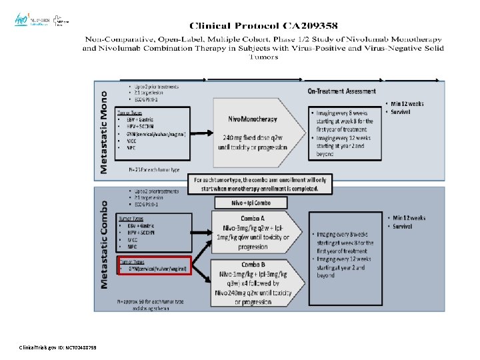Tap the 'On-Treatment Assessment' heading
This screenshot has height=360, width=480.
coord(341,91)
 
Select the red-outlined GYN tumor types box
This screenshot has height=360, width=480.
coord(155,266)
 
